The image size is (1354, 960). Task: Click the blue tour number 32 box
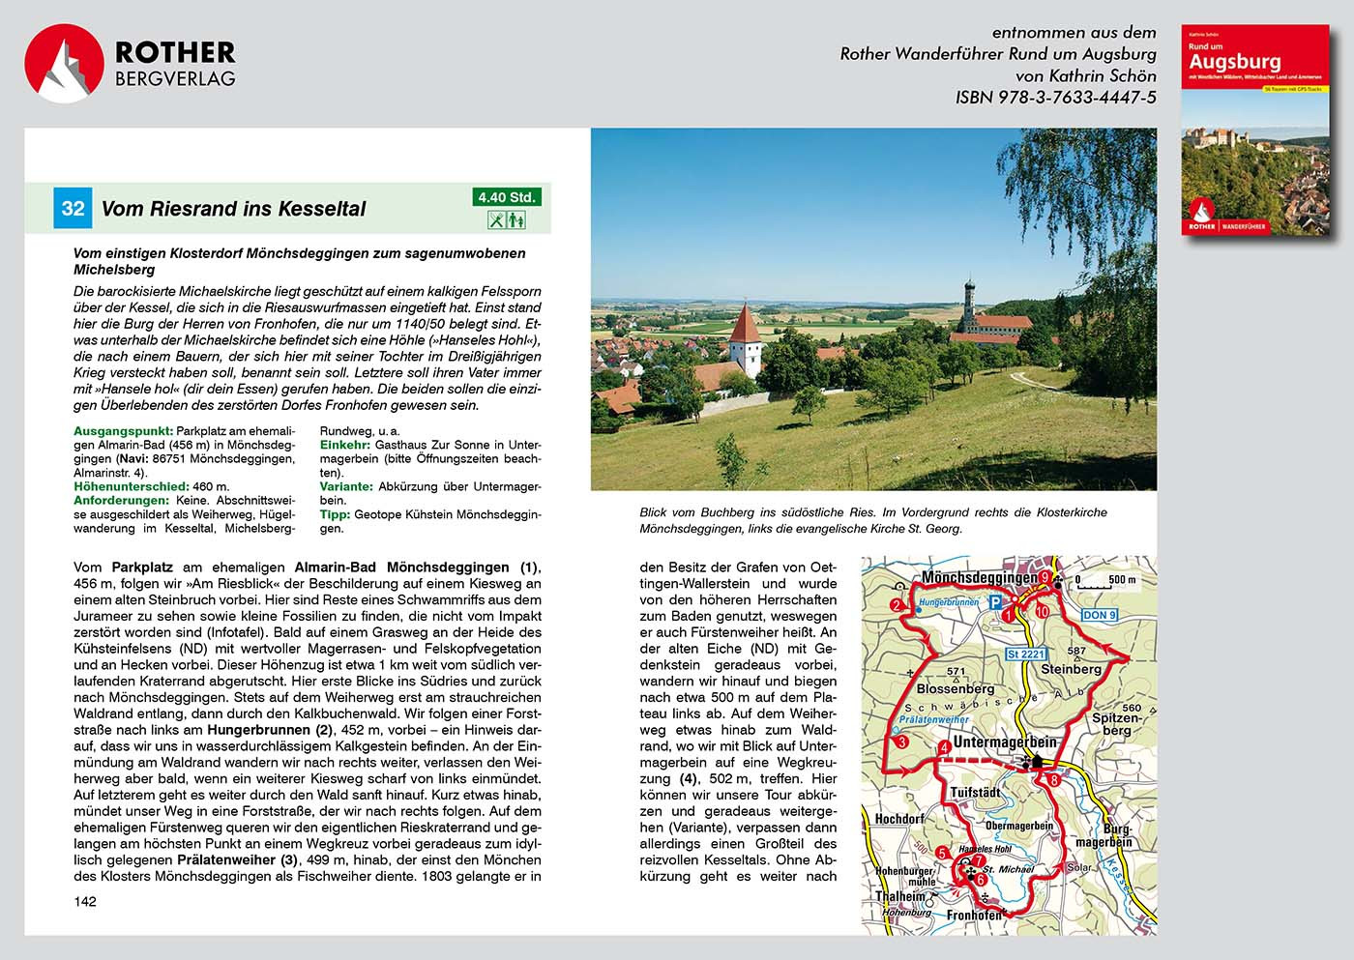pyautogui.click(x=73, y=208)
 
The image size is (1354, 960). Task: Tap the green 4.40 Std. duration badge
pyautogui.click(x=506, y=197)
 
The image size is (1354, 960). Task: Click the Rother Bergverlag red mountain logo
pyautogui.click(x=64, y=63)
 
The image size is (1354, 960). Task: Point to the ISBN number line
pyautogui.click(x=1055, y=97)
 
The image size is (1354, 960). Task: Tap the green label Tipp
pyautogui.click(x=335, y=515)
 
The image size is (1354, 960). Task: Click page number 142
pyautogui.click(x=85, y=901)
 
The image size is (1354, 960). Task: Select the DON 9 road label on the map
pyautogui.click(x=1100, y=615)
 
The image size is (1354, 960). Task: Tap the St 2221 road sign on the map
pyautogui.click(x=1026, y=655)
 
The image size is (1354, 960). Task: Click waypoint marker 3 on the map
pyautogui.click(x=901, y=742)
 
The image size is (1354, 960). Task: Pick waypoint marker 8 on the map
pyautogui.click(x=1054, y=779)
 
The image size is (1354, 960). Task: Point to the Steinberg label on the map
pyautogui.click(x=1071, y=669)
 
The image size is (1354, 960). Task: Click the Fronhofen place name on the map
pyautogui.click(x=974, y=915)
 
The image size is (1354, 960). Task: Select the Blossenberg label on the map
pyautogui.click(x=956, y=688)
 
